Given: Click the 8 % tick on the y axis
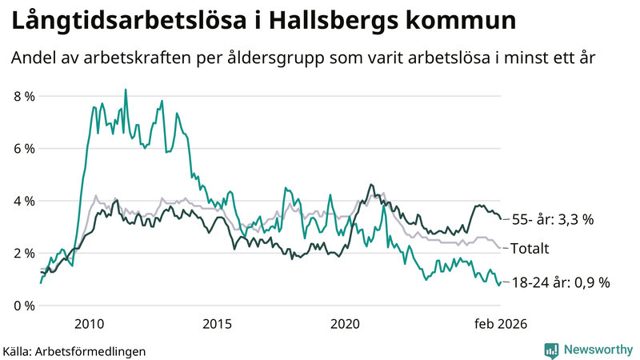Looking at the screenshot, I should (24, 97).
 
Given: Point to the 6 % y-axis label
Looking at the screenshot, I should (24, 149).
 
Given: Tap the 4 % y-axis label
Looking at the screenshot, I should (24, 201).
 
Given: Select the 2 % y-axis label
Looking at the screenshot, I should (24, 254).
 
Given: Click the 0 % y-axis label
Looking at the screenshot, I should (24, 306).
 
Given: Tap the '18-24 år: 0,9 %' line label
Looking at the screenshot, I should (560, 282).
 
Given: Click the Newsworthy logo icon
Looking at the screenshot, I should (551, 349).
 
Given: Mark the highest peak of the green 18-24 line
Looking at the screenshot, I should (126, 90).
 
